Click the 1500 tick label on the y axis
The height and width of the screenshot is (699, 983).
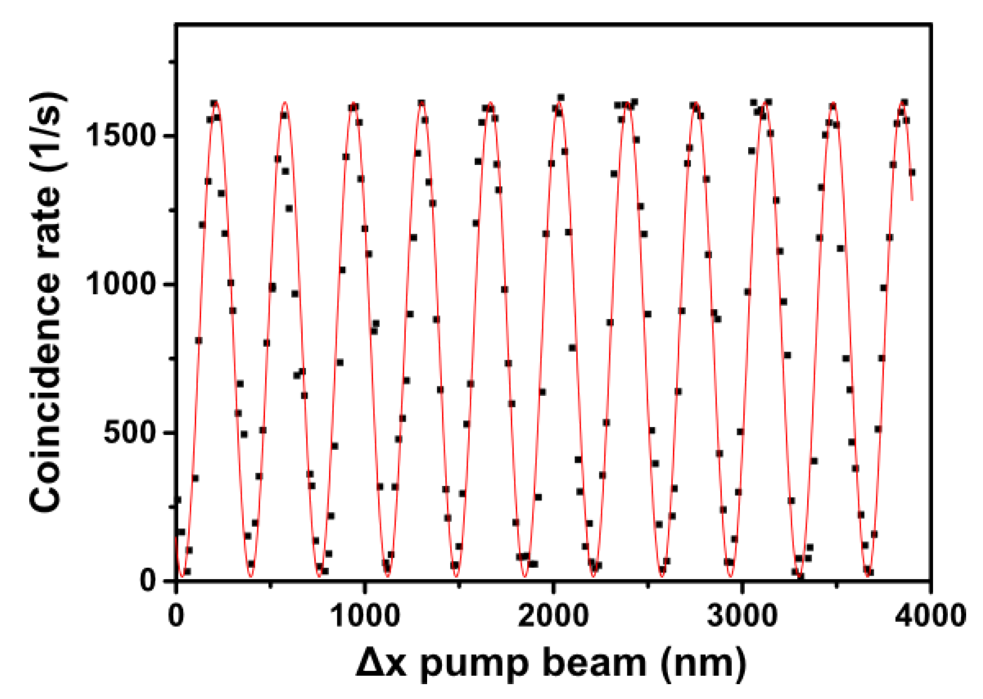(x=121, y=135)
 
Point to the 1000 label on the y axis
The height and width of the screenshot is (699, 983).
(x=121, y=284)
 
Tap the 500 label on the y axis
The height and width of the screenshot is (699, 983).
(x=130, y=432)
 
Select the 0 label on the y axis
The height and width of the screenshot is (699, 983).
(x=149, y=580)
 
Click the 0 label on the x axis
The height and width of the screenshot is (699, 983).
(x=176, y=616)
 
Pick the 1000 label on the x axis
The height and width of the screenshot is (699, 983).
(x=365, y=616)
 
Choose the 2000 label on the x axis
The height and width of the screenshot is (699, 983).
(x=554, y=616)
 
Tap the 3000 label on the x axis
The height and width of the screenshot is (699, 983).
(x=742, y=616)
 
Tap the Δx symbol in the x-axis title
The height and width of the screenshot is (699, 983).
(x=381, y=663)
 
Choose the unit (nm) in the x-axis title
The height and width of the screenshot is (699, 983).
(x=703, y=663)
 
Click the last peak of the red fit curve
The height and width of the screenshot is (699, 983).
(x=903, y=102)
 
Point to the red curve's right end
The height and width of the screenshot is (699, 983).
(x=912, y=200)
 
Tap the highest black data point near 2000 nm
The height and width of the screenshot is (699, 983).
(x=561, y=98)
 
